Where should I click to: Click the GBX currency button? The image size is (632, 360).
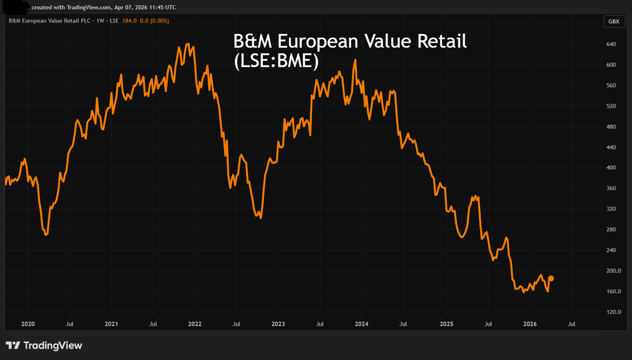point(613,21)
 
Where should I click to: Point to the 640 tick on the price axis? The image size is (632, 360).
point(611,44)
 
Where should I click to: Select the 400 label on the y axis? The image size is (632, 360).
point(611,167)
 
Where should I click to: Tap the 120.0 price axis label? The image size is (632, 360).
point(614,312)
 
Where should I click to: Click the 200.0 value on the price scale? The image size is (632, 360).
point(614,271)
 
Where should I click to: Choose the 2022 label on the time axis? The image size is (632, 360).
point(195,324)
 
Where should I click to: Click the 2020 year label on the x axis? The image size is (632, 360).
point(28,324)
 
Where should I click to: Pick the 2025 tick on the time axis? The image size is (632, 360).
point(447,324)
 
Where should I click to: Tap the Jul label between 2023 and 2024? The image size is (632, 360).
point(320,324)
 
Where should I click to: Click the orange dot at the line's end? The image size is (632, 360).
point(551,278)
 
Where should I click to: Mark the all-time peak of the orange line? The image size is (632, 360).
point(188,44)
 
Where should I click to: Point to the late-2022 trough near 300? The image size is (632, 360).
point(261,218)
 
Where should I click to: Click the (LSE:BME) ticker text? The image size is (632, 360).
point(276,61)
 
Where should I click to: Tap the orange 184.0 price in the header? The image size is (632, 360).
point(129,21)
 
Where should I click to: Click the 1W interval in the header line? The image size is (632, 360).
point(100,21)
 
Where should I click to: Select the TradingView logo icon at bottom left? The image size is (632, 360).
point(13,345)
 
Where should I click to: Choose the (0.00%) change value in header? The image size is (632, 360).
point(160,21)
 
